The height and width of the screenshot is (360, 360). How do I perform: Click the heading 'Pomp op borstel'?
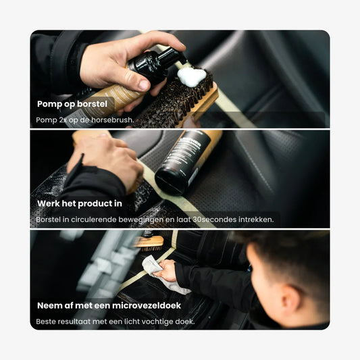coord(72,104)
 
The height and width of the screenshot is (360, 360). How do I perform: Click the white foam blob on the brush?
coord(191,76)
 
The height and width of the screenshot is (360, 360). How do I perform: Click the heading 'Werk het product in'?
coord(80,204)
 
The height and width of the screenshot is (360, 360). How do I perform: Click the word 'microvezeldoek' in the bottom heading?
coord(147,305)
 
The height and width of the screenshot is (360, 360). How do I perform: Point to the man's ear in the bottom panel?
coord(291,298)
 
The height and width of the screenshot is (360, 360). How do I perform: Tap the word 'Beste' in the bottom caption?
coord(46,322)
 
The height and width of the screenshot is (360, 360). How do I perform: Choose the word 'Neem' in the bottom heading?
coord(48,305)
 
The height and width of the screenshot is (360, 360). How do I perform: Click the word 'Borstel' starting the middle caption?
coord(49,220)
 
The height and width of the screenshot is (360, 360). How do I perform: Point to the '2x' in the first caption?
coord(63,120)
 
